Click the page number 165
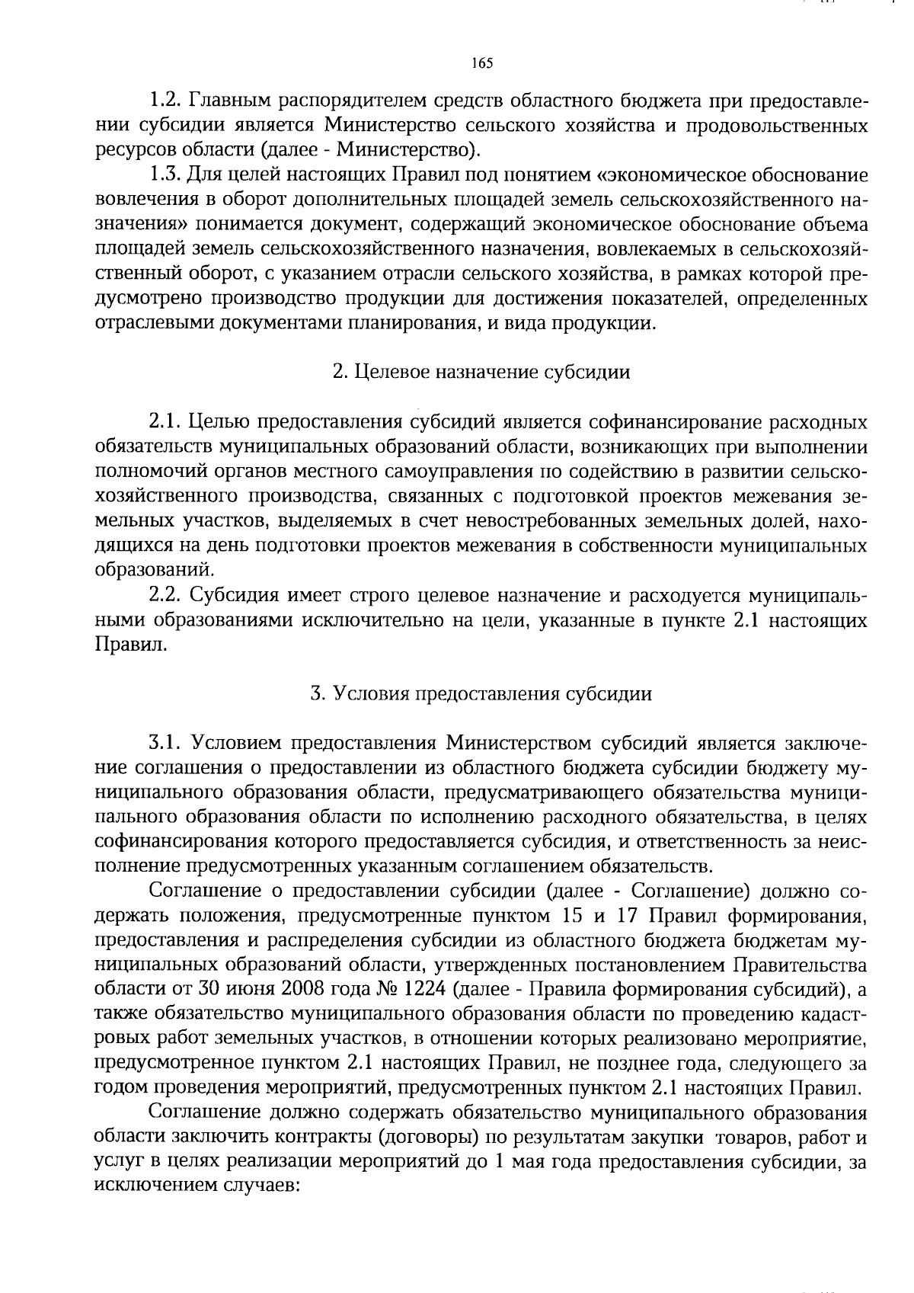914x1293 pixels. tap(482, 63)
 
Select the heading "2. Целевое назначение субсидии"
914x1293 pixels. tap(481, 373)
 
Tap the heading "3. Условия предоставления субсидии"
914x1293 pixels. tap(481, 694)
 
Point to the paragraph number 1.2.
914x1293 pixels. tap(165, 101)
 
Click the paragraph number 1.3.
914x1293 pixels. tap(165, 176)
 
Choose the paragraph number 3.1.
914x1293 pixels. tap(165, 743)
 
